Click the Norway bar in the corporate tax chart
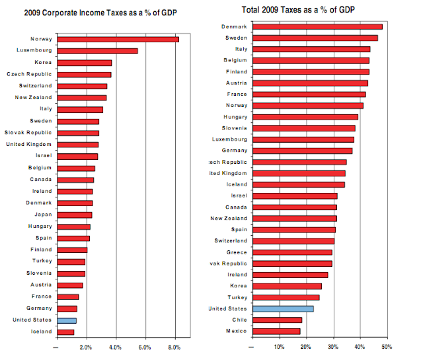pyautogui.click(x=118, y=40)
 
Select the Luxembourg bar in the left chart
pyautogui.click(x=97, y=51)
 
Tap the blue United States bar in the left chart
pyautogui.click(x=67, y=320)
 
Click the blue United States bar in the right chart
pyautogui.click(x=283, y=308)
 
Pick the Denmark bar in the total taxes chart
pyautogui.click(x=317, y=27)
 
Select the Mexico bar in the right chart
pyautogui.click(x=276, y=331)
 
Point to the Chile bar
pyautogui.click(x=277, y=320)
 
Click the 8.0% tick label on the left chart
pyautogui.click(x=174, y=347)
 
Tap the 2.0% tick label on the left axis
pyautogui.click(x=86, y=347)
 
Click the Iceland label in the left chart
pyautogui.click(x=42, y=332)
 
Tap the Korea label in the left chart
pyautogui.click(x=44, y=63)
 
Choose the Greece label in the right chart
pyautogui.click(x=236, y=252)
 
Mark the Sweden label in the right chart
pyautogui.click(x=235, y=38)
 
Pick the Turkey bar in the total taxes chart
pyautogui.click(x=286, y=297)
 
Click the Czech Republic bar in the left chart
pyautogui.click(x=84, y=74)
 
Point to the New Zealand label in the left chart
pyautogui.click(x=33, y=97)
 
